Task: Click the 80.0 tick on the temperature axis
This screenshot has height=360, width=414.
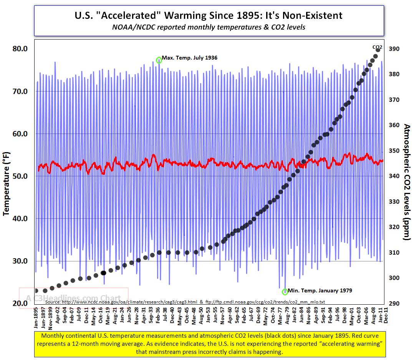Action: click(20, 49)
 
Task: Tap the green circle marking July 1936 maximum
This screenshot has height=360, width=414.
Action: click(159, 60)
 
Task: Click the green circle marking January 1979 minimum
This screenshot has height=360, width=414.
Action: click(285, 292)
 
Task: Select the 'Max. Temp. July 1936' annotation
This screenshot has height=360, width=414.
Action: click(190, 58)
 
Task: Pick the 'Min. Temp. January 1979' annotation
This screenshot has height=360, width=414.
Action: click(320, 290)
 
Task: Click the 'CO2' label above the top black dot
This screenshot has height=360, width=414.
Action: click(377, 47)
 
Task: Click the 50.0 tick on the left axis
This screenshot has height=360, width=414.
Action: click(20, 176)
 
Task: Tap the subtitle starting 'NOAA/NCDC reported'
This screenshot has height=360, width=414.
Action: click(209, 27)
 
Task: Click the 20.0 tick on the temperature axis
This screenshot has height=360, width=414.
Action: click(20, 304)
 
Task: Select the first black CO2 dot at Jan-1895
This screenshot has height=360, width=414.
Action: click(36, 291)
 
